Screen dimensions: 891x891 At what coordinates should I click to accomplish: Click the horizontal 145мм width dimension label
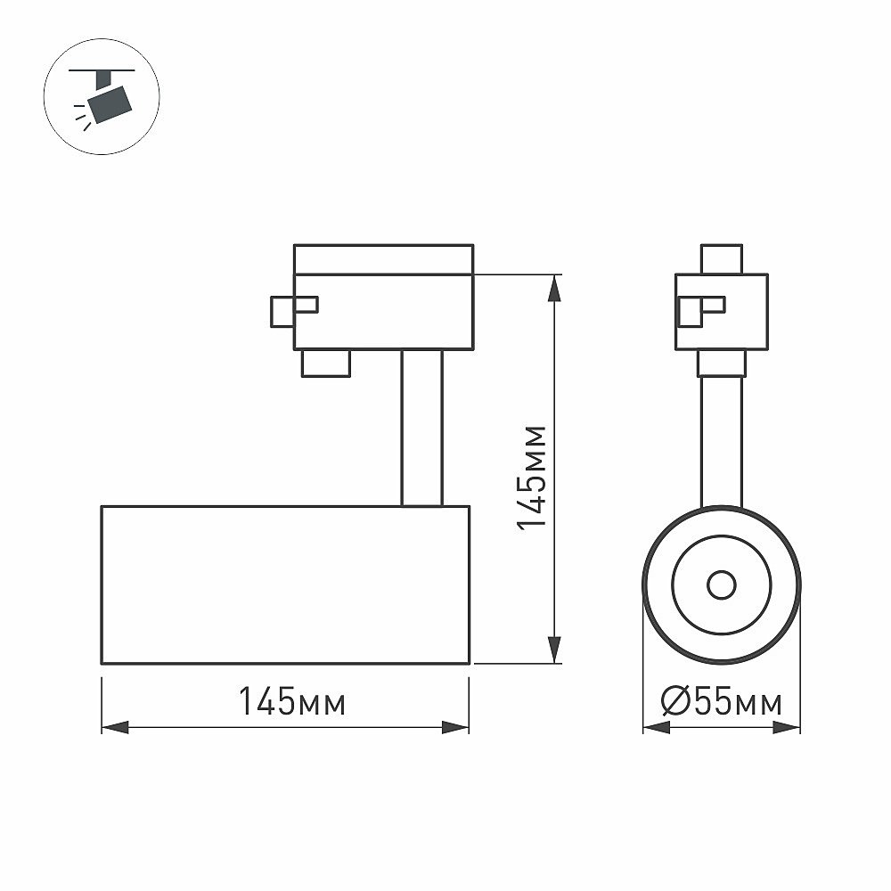pos(291,703)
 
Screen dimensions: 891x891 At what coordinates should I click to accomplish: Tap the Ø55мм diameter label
pos(722,703)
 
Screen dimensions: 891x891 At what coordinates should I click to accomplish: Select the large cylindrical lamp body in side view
pos(285,584)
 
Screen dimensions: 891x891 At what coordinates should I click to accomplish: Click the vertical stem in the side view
pos(421,428)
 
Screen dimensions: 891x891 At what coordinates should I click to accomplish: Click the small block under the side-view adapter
pos(325,364)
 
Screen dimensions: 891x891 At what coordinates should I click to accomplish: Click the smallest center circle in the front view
pos(722,585)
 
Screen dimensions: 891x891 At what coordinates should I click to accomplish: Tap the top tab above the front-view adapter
pos(722,258)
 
